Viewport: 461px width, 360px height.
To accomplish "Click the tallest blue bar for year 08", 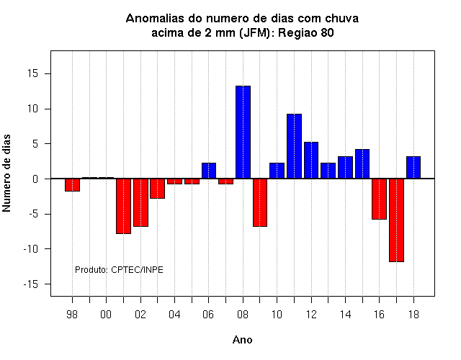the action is coord(243,132).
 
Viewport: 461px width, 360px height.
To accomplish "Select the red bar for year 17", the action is coord(396,220).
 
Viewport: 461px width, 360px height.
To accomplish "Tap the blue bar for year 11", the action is coord(295,146).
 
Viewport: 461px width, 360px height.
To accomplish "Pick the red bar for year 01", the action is coord(123,206).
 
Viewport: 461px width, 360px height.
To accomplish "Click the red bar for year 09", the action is coord(260,202).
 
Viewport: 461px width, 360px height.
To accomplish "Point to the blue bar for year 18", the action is coord(413,167).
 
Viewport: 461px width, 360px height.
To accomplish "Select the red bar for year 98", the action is coord(72,185).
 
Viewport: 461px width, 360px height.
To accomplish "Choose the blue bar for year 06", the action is coord(209,171).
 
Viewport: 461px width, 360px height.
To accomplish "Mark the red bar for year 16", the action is coord(380,199).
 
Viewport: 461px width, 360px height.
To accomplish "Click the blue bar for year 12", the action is coord(311,160).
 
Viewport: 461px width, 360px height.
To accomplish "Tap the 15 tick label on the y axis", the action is coord(33,73).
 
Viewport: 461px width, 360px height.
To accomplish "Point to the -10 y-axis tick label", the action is coord(31,249).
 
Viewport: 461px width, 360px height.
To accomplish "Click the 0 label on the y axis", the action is coord(35,179).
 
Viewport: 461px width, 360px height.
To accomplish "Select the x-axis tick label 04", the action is coord(174,315).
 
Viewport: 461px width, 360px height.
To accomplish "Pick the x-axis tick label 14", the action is coord(345,315).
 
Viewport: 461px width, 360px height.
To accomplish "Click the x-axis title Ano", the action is coord(243,340).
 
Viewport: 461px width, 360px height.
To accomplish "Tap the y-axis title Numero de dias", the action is coord(6,174).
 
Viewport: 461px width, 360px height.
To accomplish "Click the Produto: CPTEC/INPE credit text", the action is coord(119,270).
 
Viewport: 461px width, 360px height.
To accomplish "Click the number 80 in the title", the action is coord(327,32).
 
